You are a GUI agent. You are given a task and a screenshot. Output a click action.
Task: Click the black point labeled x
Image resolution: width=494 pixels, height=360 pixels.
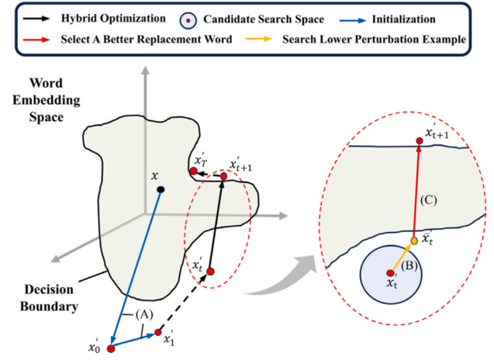click(x=160, y=189)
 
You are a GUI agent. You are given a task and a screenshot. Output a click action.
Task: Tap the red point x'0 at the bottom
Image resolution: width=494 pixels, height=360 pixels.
click(x=111, y=349)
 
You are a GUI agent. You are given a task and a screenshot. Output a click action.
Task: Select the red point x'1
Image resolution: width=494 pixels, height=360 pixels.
click(x=158, y=334)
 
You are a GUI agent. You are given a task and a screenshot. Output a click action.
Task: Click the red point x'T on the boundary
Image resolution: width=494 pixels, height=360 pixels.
click(x=192, y=171)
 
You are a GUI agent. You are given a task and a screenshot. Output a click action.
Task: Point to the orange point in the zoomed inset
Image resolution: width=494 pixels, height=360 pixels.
click(x=414, y=241)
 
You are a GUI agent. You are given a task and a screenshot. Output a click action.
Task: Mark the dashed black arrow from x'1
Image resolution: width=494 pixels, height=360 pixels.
click(x=185, y=301)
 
